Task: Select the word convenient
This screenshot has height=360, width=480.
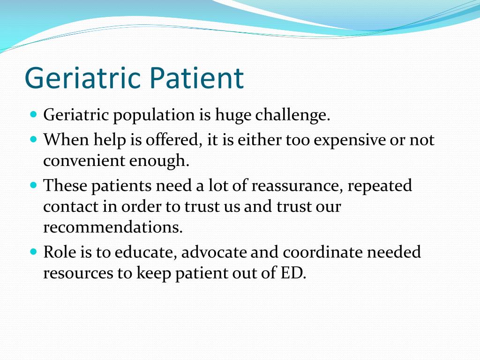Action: (84, 161)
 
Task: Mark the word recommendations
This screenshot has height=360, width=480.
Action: (113, 227)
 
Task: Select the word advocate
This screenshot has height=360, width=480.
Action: (214, 253)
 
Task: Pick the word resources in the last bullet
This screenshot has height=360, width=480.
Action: (78, 273)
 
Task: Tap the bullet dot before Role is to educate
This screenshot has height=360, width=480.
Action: (34, 252)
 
